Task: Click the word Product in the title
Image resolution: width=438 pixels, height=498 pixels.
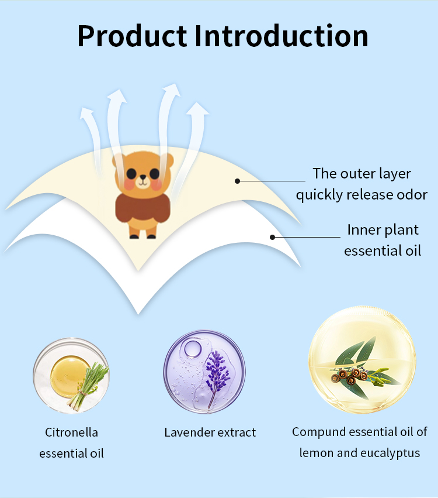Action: [x=132, y=36]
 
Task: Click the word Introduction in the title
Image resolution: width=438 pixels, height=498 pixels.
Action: [x=281, y=36]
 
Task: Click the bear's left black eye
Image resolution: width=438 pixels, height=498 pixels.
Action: [x=131, y=173]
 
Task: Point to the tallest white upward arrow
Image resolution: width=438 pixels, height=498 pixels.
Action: [x=170, y=117]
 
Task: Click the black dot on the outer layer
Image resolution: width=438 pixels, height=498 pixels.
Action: [x=238, y=181]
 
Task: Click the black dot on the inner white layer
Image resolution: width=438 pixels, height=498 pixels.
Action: [x=272, y=237]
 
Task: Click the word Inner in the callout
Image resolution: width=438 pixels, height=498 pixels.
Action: [x=363, y=229]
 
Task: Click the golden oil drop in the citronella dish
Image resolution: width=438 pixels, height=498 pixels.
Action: [x=68, y=373]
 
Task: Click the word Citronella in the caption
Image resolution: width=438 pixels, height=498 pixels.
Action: [x=71, y=432]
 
